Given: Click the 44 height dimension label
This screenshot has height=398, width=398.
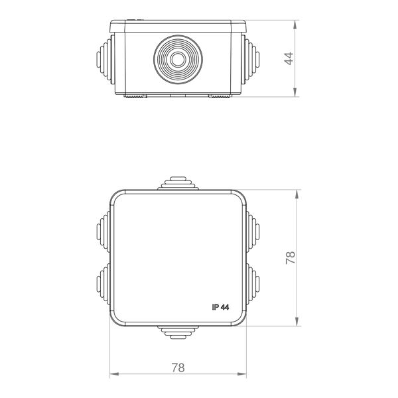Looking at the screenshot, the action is [289, 58].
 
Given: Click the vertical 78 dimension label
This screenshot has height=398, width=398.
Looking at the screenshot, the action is [291, 258].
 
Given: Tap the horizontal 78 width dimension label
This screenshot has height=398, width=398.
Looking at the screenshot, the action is [178, 367].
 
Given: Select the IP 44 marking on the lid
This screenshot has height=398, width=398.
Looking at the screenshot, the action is [220, 307].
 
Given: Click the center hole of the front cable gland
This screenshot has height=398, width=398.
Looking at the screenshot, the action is [178, 60].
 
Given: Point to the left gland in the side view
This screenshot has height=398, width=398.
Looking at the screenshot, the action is [105, 60].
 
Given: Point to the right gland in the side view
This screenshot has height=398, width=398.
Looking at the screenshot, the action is [250, 60].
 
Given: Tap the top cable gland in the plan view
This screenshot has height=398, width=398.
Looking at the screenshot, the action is [178, 183].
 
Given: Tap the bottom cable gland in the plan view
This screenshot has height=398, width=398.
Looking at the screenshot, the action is [178, 332].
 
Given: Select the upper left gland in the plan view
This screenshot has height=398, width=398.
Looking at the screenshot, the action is [103, 232].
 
